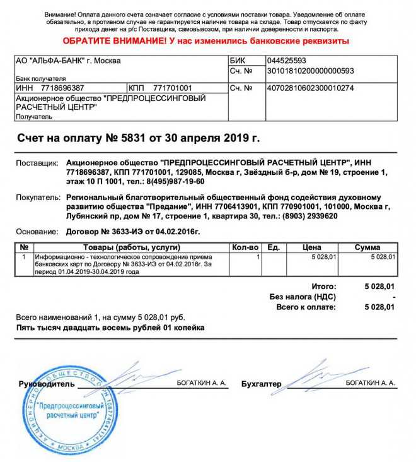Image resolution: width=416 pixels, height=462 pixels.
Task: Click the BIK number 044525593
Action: click(287, 61)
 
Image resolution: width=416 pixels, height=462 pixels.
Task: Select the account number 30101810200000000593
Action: click(310, 71)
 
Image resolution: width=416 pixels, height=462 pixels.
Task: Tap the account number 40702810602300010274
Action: click(310, 88)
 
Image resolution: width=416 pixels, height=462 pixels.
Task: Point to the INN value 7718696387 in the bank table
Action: click(62, 88)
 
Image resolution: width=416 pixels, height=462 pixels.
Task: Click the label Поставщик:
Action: click(37, 163)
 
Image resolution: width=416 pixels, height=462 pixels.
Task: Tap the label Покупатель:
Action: click(37, 198)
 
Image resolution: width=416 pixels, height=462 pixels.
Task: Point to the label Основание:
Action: click(37, 232)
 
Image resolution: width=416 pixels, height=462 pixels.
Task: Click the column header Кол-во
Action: click(245, 247)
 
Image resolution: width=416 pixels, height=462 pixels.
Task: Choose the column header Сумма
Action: click(367, 247)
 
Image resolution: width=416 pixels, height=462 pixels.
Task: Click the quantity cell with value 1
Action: click(258, 258)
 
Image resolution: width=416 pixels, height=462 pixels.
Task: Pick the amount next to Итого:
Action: click(379, 286)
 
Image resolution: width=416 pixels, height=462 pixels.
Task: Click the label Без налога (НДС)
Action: click(303, 297)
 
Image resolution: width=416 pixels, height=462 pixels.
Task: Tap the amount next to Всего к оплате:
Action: click(379, 307)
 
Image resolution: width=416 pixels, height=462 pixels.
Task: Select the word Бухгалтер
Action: click(261, 384)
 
